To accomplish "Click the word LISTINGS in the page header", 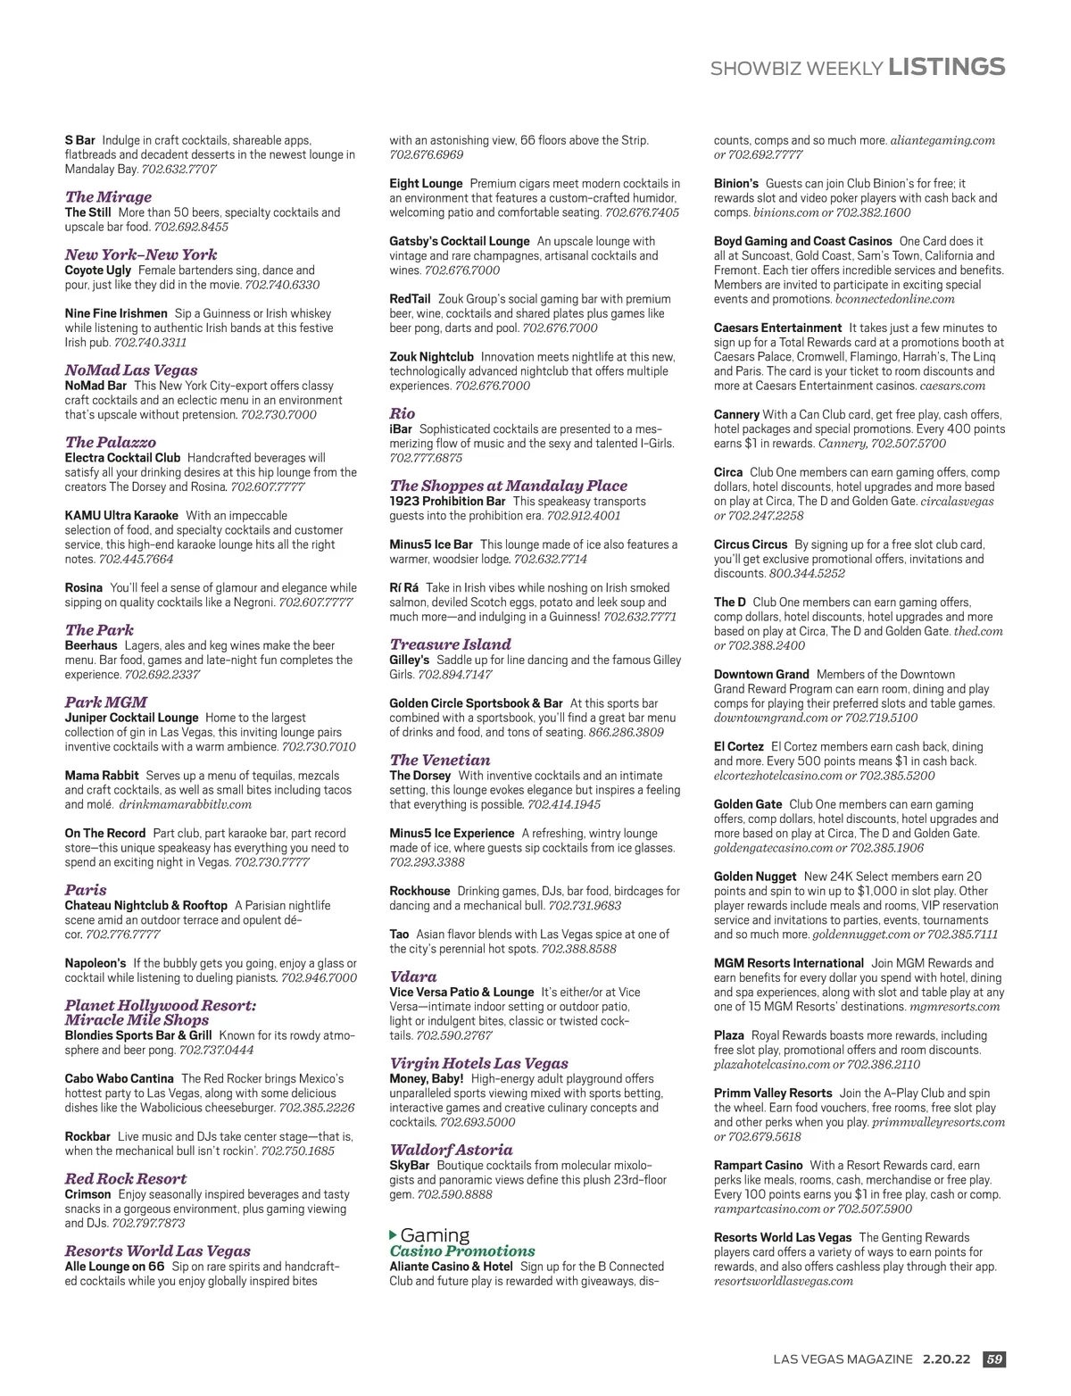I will pos(947,67).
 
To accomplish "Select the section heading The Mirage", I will pos(108,197).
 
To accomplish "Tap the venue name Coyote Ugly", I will pos(98,270).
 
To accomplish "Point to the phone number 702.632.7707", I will pos(178,170).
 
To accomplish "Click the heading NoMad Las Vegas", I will pos(131,370).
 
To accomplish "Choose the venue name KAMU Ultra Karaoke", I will pos(121,516).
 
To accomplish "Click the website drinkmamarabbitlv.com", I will pos(186,805).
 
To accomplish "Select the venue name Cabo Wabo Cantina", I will pos(119,1079).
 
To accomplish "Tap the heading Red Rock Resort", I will pos(126,1179).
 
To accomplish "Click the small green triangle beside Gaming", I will pos(394,1235).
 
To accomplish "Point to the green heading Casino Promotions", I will pos(462,1251).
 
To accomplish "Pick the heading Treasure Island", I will pos(450,644).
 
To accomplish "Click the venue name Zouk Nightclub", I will pos(431,357).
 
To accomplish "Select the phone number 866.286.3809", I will pos(626,733).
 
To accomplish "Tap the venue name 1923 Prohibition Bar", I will pos(447,502).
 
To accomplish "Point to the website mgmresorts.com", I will pos(954,1007).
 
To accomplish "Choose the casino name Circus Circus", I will pos(751,544).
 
